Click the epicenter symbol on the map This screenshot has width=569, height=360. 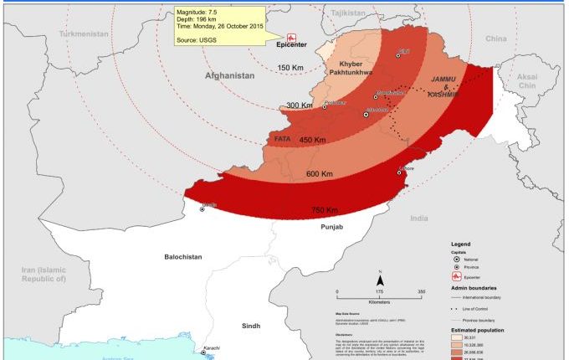pos(292,38)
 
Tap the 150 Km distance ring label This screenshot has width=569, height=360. pos(290,68)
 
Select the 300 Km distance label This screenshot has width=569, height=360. pos(299,106)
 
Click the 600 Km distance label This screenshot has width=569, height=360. pos(320,174)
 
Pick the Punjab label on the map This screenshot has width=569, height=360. pos(331,227)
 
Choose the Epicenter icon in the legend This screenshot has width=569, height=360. pos(456,275)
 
